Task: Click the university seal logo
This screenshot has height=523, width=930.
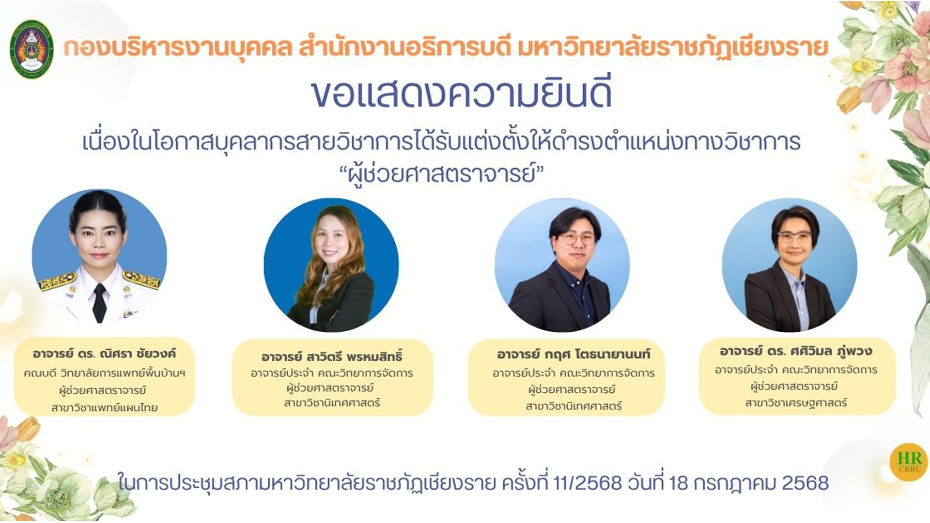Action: pyautogui.click(x=31, y=49)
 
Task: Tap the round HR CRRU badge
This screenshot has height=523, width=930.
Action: pyautogui.click(x=909, y=462)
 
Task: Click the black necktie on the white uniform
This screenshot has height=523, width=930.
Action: pyautogui.click(x=99, y=303)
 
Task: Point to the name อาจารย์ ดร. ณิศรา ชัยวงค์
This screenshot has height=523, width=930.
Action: pyautogui.click(x=104, y=354)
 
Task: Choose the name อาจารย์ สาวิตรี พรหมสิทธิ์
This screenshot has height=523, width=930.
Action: pyautogui.click(x=332, y=357)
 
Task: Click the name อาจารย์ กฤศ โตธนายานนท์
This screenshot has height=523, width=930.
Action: pyautogui.click(x=573, y=354)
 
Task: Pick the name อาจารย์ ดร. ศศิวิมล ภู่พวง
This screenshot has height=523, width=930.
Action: pyautogui.click(x=796, y=351)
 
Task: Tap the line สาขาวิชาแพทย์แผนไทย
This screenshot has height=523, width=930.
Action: pyautogui.click(x=104, y=408)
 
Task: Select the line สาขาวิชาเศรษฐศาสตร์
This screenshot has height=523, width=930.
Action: pyautogui.click(x=796, y=403)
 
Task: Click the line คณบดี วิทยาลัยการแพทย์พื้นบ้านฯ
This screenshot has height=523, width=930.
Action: pyautogui.click(x=104, y=373)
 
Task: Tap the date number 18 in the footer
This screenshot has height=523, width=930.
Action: pyautogui.click(x=678, y=483)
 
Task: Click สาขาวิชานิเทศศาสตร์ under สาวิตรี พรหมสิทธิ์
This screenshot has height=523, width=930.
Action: pyautogui.click(x=332, y=403)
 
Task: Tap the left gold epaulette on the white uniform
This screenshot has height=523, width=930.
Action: pyautogui.click(x=58, y=281)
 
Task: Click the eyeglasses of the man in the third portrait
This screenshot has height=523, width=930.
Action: pyautogui.click(x=577, y=239)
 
